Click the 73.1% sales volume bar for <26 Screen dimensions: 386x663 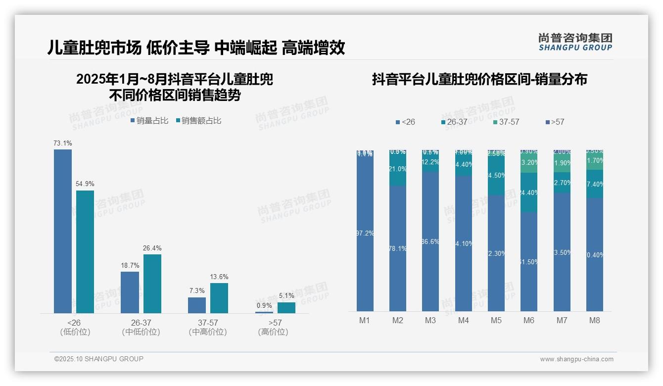click(63, 231)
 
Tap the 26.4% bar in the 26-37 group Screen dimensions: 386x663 click(152, 284)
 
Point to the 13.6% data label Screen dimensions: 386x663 click(219, 277)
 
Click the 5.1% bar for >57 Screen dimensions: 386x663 click(286, 308)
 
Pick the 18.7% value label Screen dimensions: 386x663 click(130, 266)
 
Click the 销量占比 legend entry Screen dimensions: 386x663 click(149, 121)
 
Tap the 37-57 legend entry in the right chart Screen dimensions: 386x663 click(506, 122)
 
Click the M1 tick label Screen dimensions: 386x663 click(365, 320)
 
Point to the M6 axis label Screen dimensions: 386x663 click(529, 320)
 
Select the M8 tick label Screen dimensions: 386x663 click(594, 320)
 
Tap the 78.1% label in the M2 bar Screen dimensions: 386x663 click(398, 248)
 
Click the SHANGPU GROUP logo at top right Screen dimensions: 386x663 click(575, 42)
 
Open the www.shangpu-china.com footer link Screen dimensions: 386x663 click(576, 359)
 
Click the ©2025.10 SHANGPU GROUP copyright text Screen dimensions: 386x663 click(99, 359)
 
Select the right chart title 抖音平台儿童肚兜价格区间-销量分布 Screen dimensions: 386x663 click(479, 80)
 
